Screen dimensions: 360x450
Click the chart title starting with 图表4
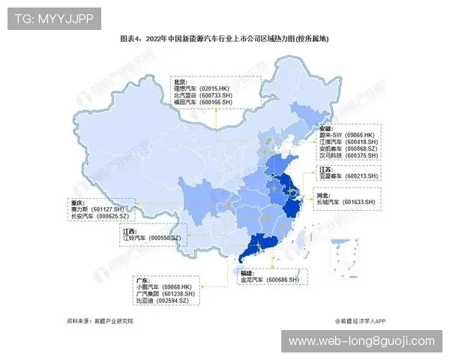pos(224,37)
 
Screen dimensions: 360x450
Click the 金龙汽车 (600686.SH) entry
pos(269,280)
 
